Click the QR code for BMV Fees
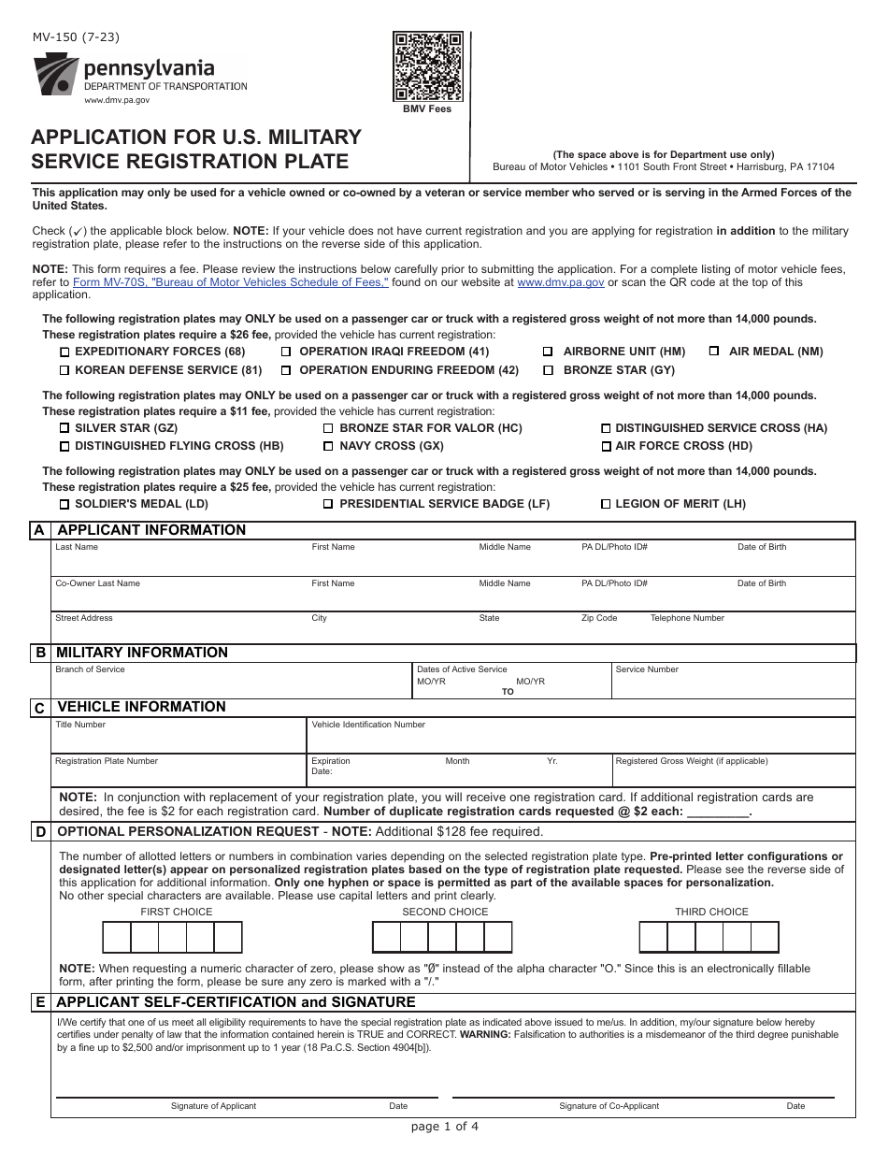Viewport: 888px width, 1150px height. click(429, 66)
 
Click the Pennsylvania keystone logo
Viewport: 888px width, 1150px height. click(55, 75)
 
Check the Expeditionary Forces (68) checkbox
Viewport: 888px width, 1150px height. click(64, 352)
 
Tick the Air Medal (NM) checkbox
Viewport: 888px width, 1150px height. click(713, 352)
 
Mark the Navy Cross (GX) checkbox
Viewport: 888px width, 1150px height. click(328, 447)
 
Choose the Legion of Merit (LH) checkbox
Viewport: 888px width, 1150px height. click(606, 505)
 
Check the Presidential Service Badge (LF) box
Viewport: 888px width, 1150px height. click(328, 505)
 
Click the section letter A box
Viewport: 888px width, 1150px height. click(38, 530)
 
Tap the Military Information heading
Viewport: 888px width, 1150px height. click(142, 653)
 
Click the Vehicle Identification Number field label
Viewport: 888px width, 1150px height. click(368, 725)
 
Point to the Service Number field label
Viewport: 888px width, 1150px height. click(647, 669)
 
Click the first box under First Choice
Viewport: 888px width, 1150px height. click(116, 937)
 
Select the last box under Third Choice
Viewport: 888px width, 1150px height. click(765, 937)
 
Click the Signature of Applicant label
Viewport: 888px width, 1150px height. click(213, 1106)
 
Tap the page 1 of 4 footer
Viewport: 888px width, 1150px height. click(444, 1126)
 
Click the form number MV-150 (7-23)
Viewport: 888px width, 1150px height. click(76, 38)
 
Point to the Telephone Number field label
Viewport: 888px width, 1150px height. click(687, 618)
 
